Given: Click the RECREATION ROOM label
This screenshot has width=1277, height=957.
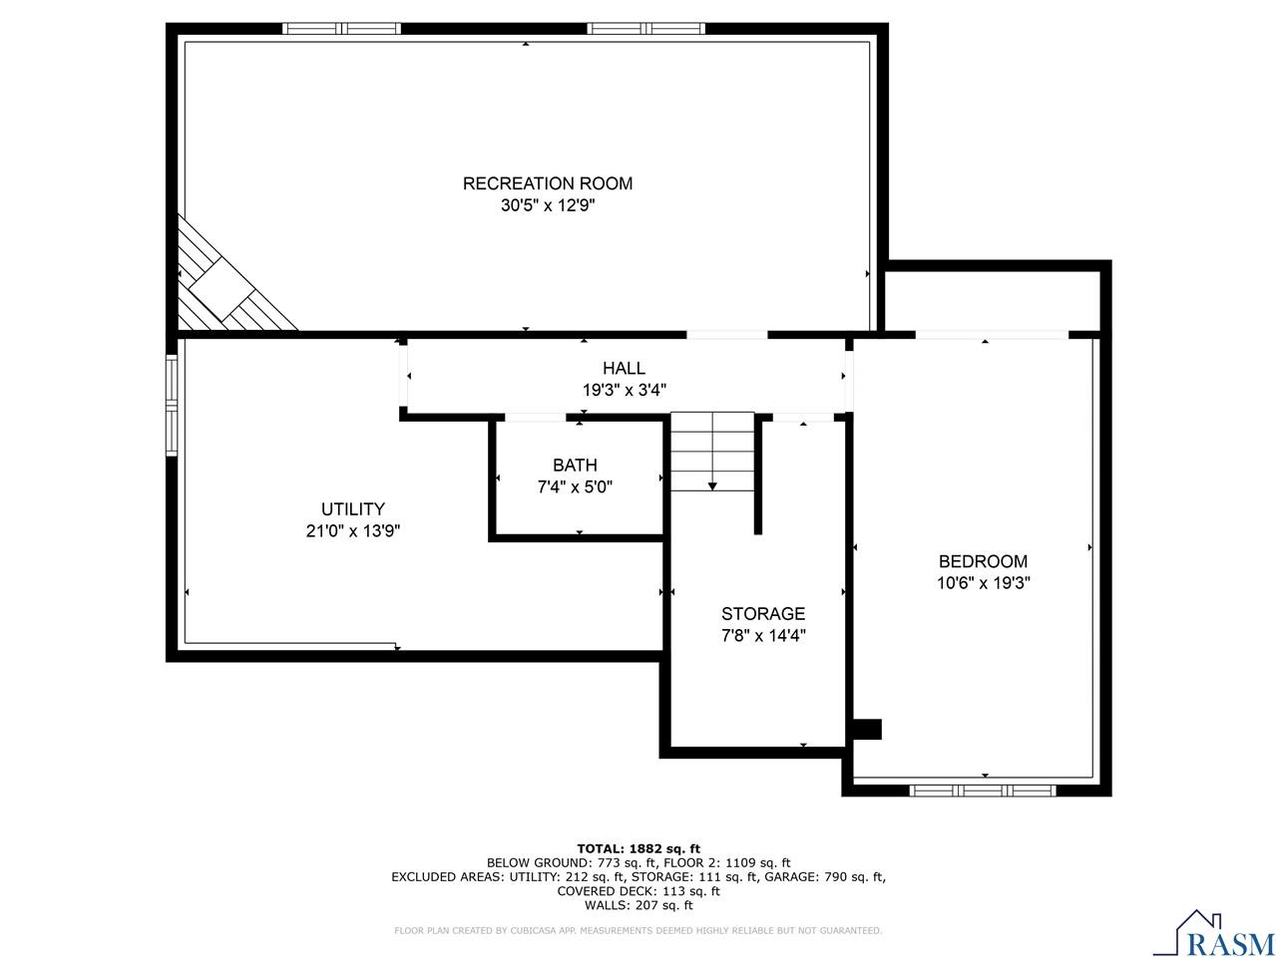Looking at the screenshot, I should [547, 183].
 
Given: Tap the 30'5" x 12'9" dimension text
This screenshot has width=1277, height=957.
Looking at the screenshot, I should [547, 206].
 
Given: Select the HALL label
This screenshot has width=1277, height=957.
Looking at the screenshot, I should [624, 369].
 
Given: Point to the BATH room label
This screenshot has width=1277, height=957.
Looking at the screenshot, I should [575, 466].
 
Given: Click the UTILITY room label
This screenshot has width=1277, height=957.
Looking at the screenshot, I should [352, 509].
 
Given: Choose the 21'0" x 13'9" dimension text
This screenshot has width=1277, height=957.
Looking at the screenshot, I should [352, 532].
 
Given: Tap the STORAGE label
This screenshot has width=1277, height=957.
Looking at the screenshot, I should [763, 614].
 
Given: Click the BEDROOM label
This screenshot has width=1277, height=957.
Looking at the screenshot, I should [983, 561].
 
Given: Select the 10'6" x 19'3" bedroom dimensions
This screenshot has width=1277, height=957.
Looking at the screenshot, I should [983, 584].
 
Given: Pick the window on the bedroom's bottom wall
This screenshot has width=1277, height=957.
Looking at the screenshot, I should [983, 790].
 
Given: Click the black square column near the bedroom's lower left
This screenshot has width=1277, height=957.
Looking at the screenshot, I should [868, 729].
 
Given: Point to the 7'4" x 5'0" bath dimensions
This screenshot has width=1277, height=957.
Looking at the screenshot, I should [575, 487].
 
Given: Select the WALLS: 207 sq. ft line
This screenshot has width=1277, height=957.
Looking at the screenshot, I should [638, 905].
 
